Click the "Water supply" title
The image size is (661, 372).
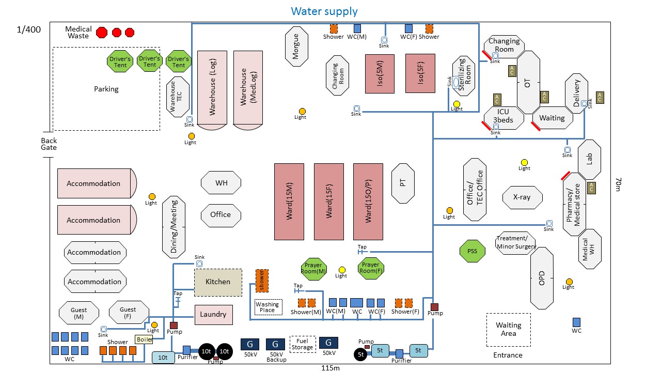tap(324, 11)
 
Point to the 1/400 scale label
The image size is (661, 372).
tap(29, 30)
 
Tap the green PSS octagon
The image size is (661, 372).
tap(473, 252)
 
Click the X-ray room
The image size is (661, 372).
tap(523, 197)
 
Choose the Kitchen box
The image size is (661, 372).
tap(218, 282)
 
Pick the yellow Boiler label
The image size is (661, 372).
tap(144, 339)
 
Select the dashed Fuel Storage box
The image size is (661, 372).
tap(302, 344)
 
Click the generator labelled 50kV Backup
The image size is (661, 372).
tap(275, 344)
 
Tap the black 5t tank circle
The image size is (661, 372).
tap(361, 354)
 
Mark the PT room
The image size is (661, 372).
tap(403, 183)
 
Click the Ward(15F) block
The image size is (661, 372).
tap(329, 202)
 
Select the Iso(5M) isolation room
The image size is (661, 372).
tap(380, 73)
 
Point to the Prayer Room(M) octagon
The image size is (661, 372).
tap(314, 269)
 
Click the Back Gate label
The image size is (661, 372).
tap(49, 144)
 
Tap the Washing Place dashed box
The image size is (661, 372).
tap(268, 307)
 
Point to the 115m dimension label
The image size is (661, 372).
tap(330, 368)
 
